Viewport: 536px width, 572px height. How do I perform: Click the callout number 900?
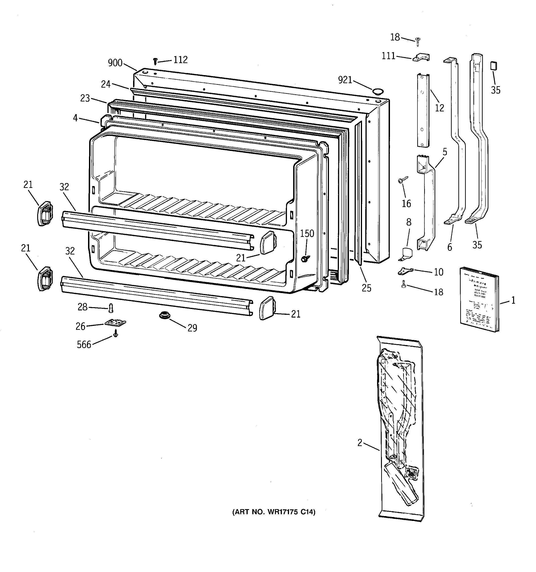click(115, 63)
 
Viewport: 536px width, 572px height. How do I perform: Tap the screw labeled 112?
click(155, 61)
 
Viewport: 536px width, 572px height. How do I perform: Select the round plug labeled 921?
click(378, 92)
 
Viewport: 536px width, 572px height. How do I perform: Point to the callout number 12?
click(439, 108)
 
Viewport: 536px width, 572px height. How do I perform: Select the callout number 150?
click(307, 233)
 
